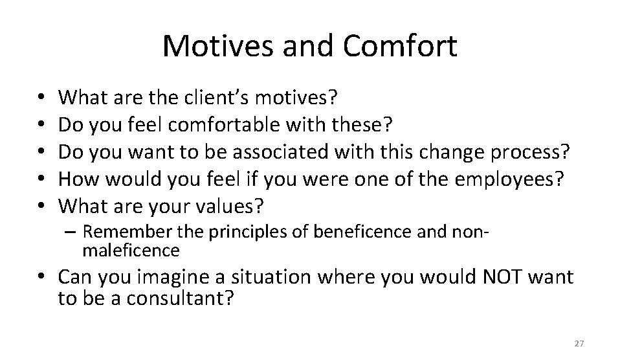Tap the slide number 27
click(579, 343)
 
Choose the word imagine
click(174, 278)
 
